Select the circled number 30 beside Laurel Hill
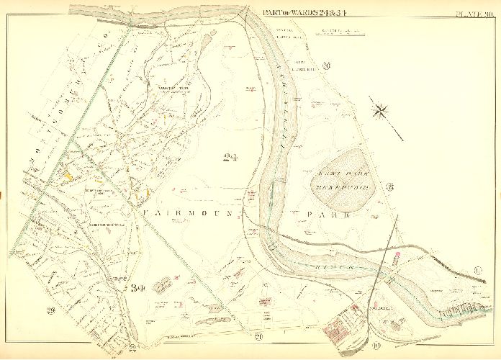[326, 66]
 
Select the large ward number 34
[139, 288]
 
